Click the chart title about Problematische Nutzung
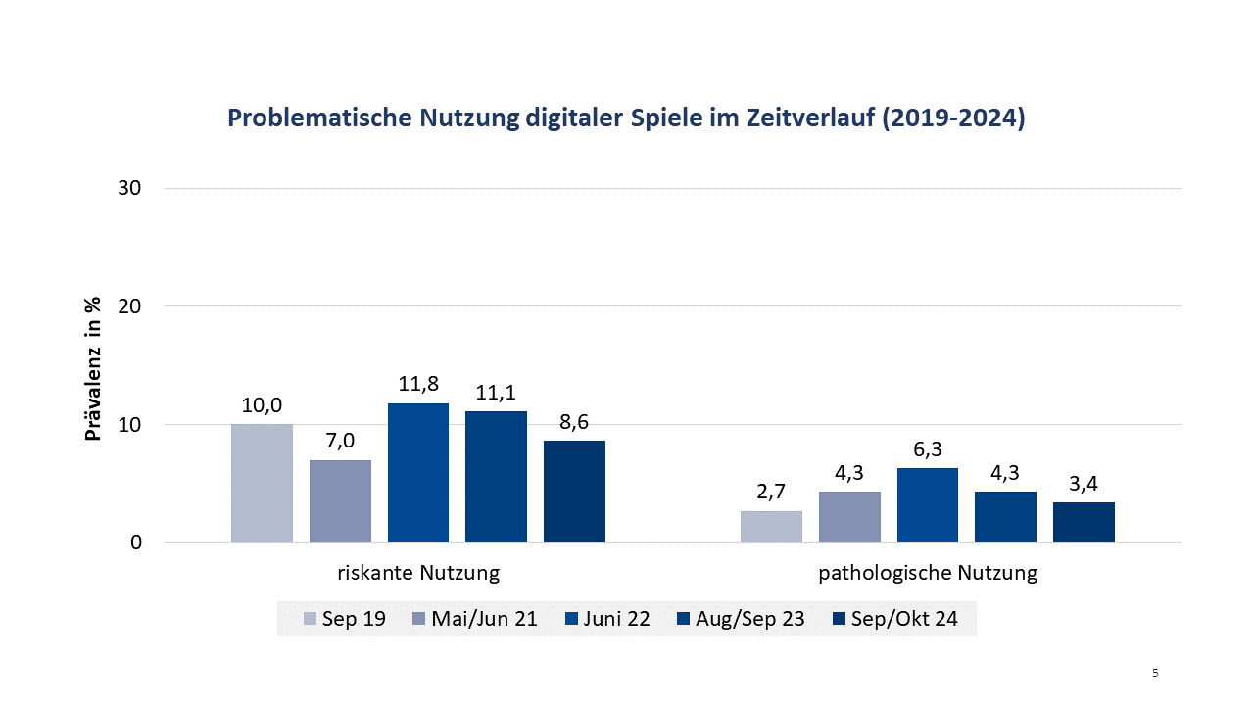click(626, 118)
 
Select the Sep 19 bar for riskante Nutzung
click(262, 483)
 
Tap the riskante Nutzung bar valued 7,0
click(340, 501)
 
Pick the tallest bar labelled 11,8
click(418, 473)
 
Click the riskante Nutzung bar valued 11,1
click(496, 477)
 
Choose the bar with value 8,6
click(574, 492)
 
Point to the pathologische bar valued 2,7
click(771, 527)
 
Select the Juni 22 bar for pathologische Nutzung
click(928, 505)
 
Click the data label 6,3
click(928, 450)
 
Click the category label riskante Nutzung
click(418, 574)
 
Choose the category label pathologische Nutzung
click(928, 574)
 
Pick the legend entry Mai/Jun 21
click(473, 620)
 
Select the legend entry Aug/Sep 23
click(741, 620)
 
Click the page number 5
click(1155, 673)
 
